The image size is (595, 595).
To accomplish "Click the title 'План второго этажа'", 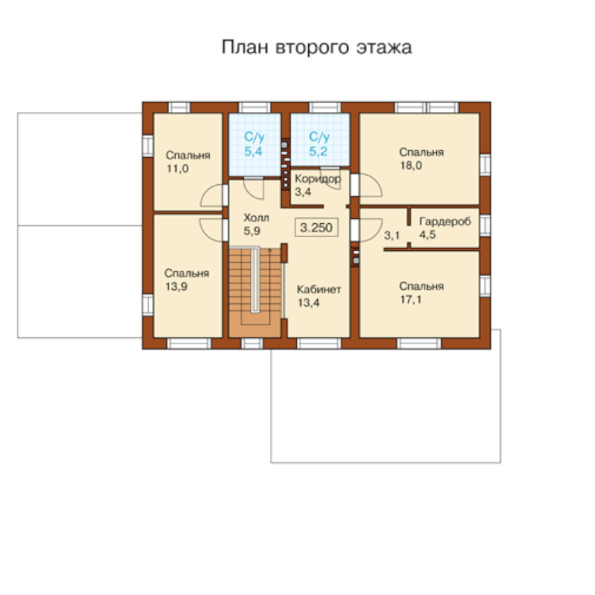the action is point(317,47).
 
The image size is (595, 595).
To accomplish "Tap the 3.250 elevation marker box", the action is point(317,227).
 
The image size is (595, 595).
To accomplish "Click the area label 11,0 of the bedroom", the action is point(178,169).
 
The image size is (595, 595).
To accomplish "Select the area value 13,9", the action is point(176,286).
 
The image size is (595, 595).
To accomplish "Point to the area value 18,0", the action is point(411,166).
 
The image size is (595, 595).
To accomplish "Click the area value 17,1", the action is point(411,300).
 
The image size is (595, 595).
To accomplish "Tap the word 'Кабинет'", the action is point(319,290).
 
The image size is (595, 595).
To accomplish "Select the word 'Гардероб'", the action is point(445,221).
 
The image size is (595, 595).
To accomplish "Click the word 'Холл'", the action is point(256,218).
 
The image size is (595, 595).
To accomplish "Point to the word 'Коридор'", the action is point(318,178).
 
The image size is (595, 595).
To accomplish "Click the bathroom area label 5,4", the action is point(253,152).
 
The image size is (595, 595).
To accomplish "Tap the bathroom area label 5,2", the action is point(318,152).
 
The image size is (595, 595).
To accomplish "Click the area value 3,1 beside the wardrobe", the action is point(392,236).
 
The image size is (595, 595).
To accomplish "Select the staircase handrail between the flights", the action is point(256,280).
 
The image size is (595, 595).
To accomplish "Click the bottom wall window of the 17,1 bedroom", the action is point(419,344).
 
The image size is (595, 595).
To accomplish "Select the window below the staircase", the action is point(252,344).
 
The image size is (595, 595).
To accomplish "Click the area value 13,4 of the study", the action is point(308,303).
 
